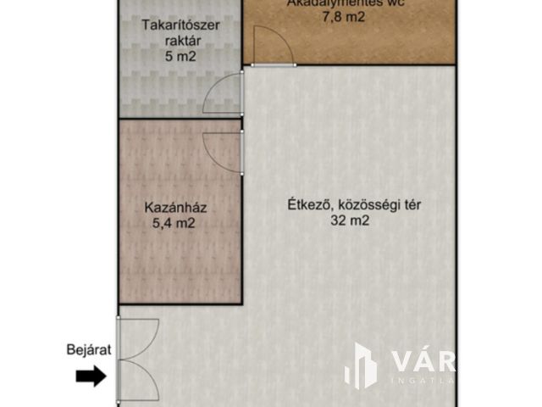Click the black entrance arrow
click(x=91, y=376)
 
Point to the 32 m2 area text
click(x=350, y=221)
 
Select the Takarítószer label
click(x=180, y=25)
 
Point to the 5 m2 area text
click(x=180, y=58)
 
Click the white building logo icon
click(x=360, y=366)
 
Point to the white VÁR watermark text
click(x=423, y=361)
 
